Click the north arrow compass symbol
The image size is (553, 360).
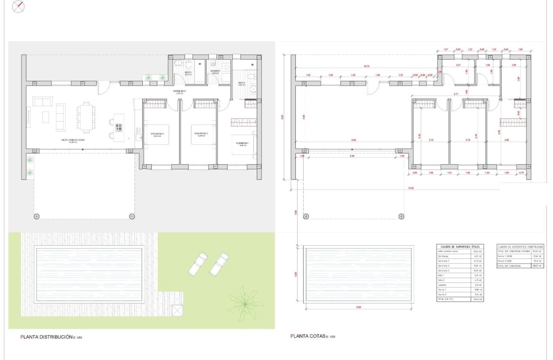click(x=19, y=6)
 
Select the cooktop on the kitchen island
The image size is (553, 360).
click(x=119, y=127)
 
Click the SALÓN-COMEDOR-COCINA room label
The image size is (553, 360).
click(x=72, y=140)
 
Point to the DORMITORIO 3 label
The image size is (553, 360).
click(x=157, y=134)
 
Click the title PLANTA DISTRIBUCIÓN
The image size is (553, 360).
click(x=47, y=337)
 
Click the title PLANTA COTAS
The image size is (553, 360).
click(x=308, y=336)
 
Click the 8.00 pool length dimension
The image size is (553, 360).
click(x=358, y=307)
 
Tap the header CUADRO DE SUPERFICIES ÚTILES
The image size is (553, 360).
click(x=460, y=246)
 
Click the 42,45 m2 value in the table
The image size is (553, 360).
click(x=476, y=251)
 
